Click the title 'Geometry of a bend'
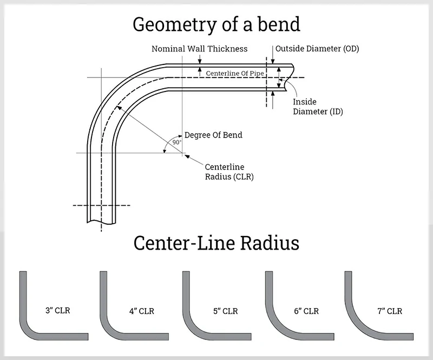point(216,24)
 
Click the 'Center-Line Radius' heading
point(216,243)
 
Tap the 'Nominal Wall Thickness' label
point(199,49)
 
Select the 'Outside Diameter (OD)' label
point(317,49)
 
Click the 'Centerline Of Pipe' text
point(234,73)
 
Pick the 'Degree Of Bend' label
point(213,135)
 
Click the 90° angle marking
point(176,142)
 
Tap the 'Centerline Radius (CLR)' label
point(229,171)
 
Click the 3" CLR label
point(58,311)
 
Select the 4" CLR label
point(142,311)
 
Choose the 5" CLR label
point(226,311)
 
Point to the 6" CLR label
point(306,311)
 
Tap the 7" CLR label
point(390,311)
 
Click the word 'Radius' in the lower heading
point(267,243)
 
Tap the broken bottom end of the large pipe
point(101,220)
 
